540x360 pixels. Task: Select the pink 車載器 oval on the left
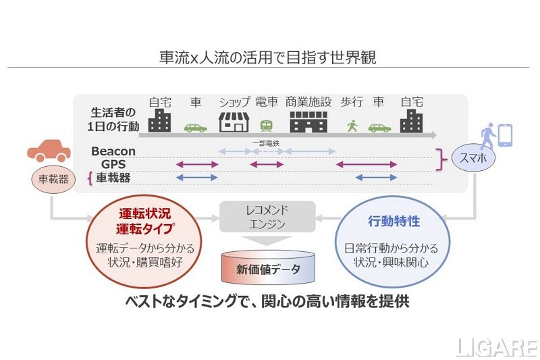(x=49, y=179)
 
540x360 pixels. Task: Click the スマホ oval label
(x=473, y=159)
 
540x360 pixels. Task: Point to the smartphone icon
(x=504, y=135)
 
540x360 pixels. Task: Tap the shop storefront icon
(x=234, y=122)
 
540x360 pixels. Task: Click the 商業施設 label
(x=308, y=102)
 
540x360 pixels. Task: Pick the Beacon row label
(x=113, y=151)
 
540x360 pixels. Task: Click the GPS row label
(x=113, y=164)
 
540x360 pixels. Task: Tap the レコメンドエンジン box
(x=267, y=217)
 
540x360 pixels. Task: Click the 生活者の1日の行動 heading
(x=115, y=119)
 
